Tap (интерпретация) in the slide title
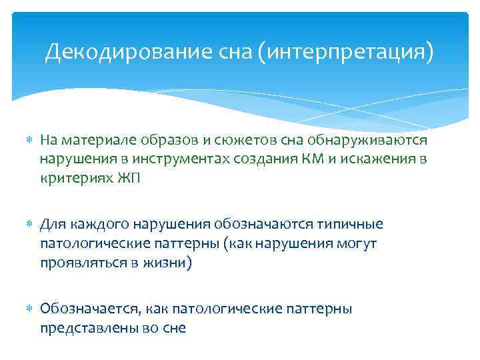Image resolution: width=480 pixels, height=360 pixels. [348, 52]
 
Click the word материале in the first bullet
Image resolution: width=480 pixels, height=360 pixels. [92, 140]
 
